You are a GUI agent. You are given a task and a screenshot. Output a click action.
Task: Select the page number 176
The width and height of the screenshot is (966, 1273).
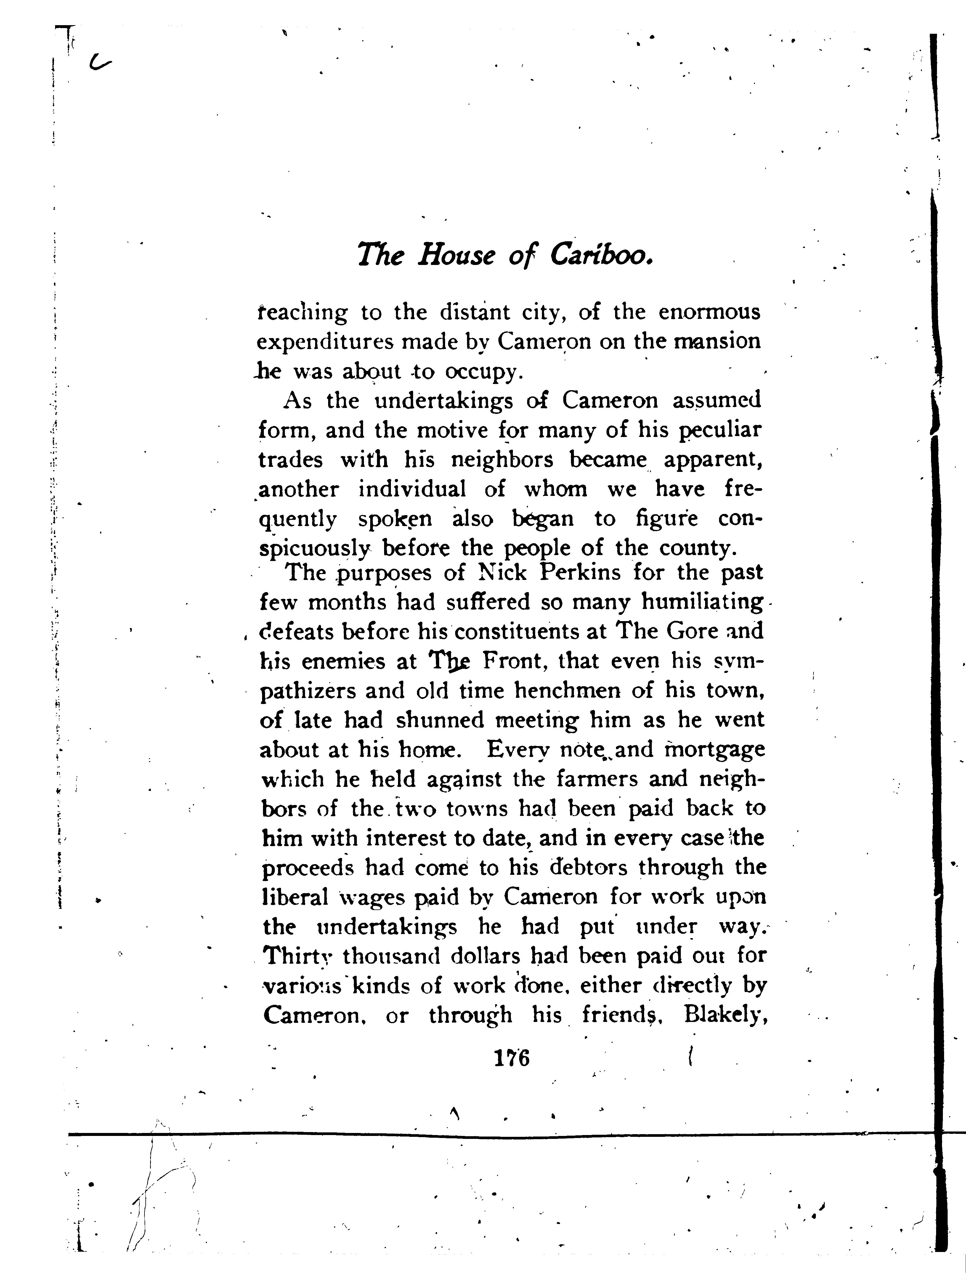(x=511, y=1058)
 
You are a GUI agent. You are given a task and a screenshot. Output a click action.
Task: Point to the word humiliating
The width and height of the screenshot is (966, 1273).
(x=702, y=602)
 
